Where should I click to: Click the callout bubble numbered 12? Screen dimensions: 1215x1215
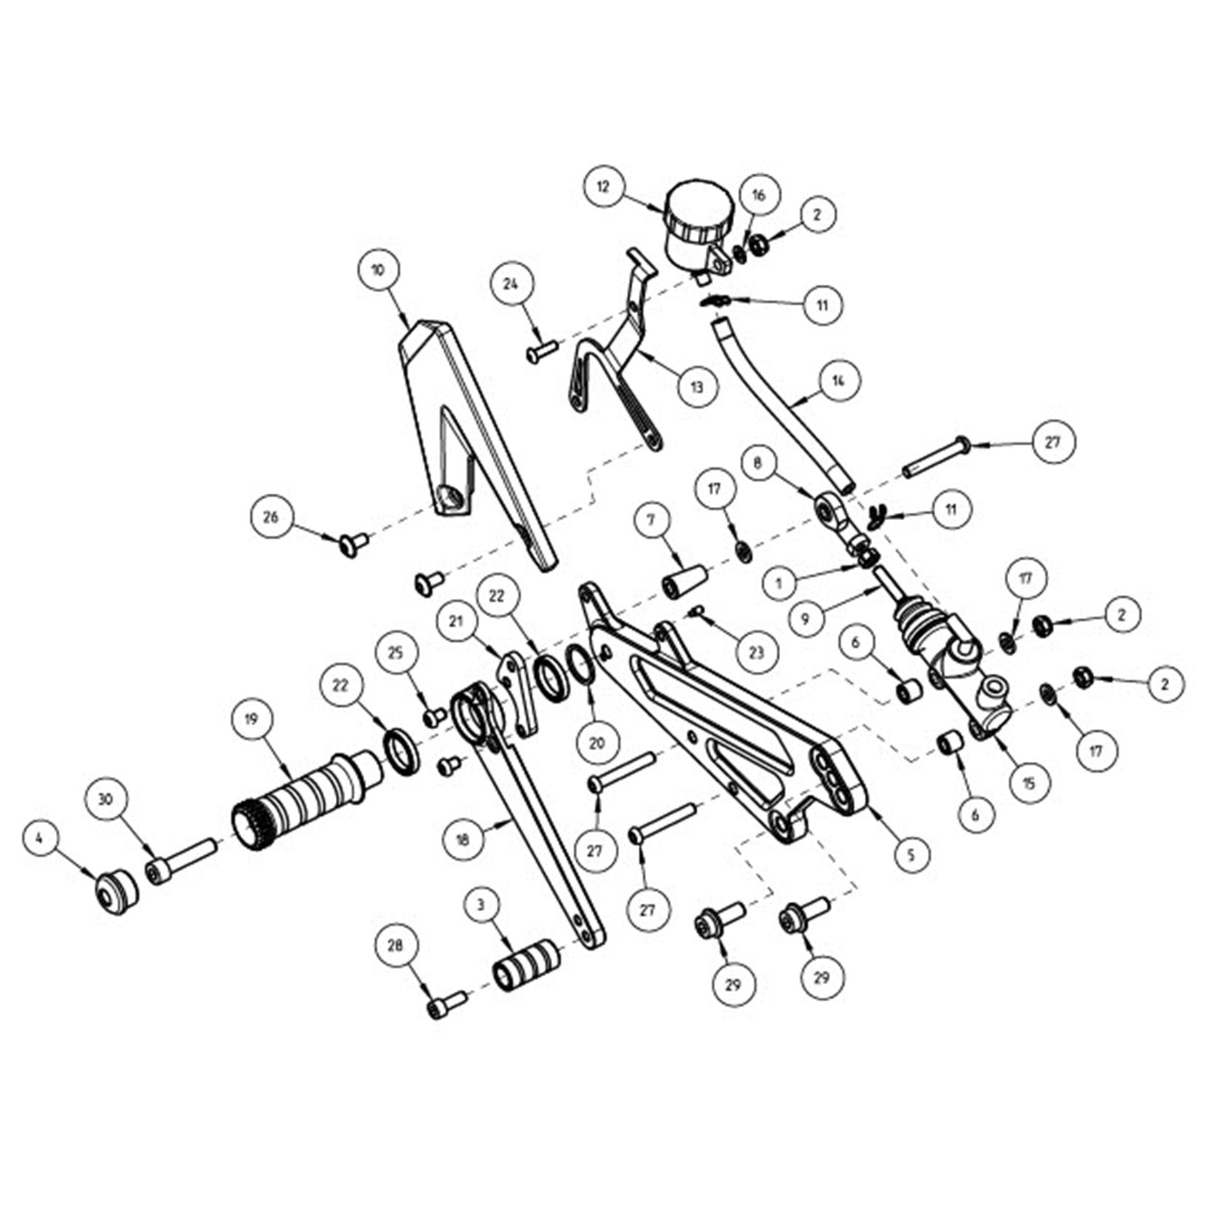point(604,186)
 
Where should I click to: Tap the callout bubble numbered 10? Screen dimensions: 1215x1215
point(377,270)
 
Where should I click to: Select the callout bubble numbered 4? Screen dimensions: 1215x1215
point(40,838)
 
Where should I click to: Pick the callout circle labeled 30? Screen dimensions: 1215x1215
point(106,799)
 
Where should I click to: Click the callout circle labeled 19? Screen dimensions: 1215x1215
point(252,720)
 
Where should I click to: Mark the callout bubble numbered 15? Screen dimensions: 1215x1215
point(1029,784)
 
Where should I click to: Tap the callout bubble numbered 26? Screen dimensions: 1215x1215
point(270,517)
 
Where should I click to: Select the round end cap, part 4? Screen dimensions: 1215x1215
point(117,890)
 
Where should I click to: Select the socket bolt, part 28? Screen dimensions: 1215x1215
point(446,1006)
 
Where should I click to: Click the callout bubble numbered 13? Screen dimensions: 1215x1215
point(697,387)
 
